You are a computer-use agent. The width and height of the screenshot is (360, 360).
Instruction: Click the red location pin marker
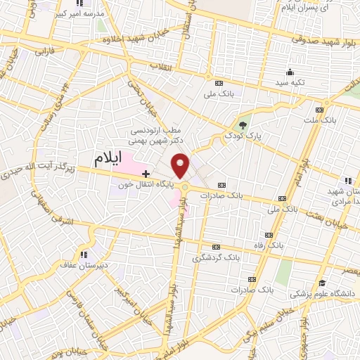(181, 166)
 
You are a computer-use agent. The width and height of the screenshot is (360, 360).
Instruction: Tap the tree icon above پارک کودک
(243, 124)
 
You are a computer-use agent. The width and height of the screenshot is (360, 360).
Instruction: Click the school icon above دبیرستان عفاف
(84, 255)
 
